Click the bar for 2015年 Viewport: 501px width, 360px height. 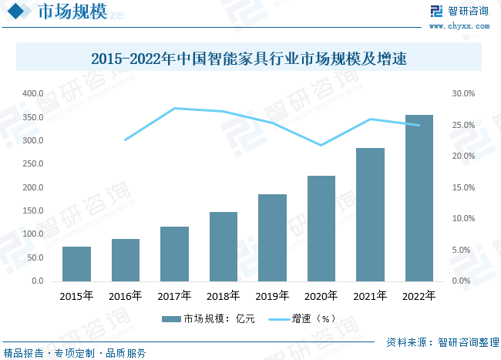[x=76, y=264]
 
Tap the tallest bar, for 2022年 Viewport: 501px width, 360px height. [x=419, y=198]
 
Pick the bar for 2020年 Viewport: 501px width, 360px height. [x=321, y=228]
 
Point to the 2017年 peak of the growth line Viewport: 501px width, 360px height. [x=175, y=109]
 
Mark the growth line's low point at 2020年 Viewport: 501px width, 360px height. [x=321, y=145]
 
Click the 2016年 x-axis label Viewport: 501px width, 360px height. [x=126, y=295]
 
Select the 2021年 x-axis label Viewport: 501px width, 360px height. [x=370, y=295]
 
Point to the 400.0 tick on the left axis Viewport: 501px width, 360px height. [x=33, y=94]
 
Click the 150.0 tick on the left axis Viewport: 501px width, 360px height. [x=33, y=211]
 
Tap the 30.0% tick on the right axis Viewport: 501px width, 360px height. [x=463, y=94]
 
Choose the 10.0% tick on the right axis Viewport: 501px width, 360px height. [x=463, y=219]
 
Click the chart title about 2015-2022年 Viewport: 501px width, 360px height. [x=249, y=59]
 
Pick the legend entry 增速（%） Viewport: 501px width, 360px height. [x=304, y=318]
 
